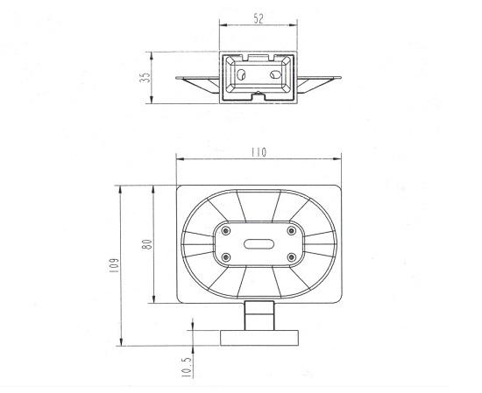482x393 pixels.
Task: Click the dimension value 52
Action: pos(259,18)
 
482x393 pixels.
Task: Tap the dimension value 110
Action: pos(259,152)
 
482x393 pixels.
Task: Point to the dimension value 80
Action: pos(148,244)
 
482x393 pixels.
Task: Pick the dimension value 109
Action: pos(114,265)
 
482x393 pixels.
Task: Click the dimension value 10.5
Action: pos(187,368)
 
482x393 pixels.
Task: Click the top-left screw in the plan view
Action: pos(226,230)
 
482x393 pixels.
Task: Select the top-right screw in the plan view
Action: pos(291,230)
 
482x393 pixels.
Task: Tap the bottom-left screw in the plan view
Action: pos(226,257)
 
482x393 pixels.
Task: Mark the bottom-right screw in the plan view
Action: pos(291,257)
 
